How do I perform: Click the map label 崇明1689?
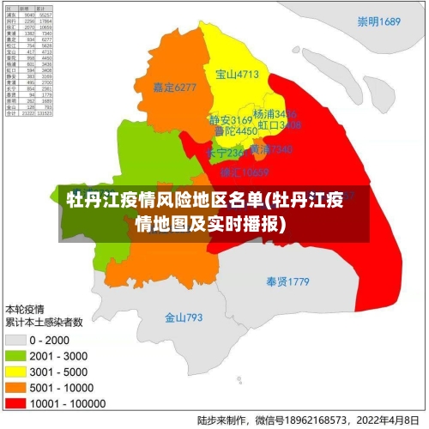(x=379, y=21)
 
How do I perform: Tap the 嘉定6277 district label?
(x=174, y=87)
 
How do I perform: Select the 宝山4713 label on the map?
(x=237, y=75)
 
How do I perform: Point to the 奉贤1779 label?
(x=287, y=281)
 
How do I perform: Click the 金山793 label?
(x=184, y=317)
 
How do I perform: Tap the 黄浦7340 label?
(x=271, y=149)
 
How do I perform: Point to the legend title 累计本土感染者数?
(x=44, y=323)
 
